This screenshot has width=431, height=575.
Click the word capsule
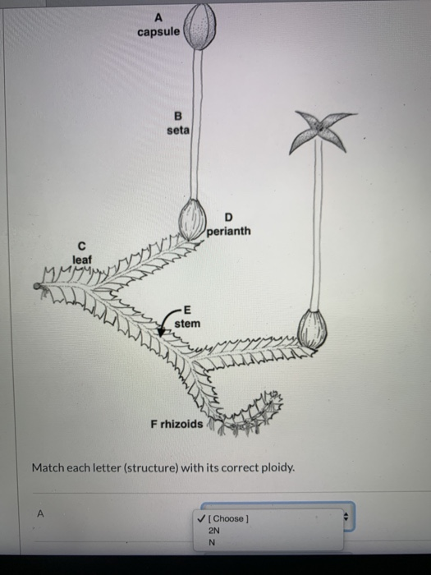pos(158,31)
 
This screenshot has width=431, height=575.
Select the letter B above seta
pos(178,116)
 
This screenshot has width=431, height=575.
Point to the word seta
pos(177,130)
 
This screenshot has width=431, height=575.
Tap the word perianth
pos(229,232)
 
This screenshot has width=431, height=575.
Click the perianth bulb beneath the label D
pos(194,218)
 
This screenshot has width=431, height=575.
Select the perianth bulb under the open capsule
pos(312,328)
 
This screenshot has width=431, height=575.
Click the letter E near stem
pos(187,310)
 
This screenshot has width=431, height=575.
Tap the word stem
pos(187,324)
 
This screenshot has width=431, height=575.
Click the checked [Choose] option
pos(227,518)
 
